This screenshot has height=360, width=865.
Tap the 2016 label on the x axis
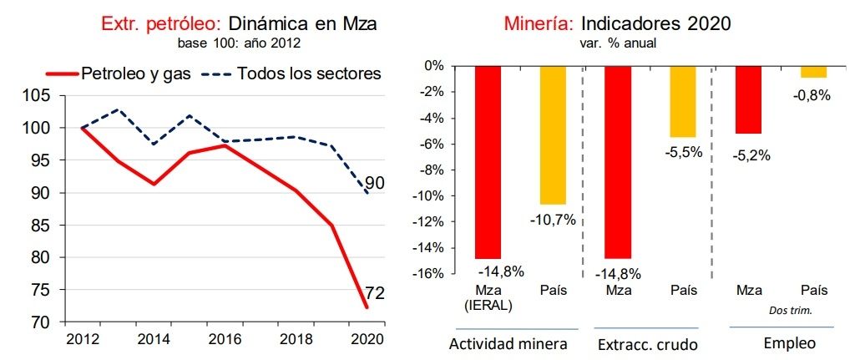point(223,340)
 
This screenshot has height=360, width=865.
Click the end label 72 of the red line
point(375,293)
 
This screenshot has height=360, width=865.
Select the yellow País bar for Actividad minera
point(553,134)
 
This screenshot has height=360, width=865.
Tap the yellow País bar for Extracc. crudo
point(682,101)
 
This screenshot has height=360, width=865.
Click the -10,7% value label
point(553,220)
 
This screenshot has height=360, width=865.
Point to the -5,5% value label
point(682,152)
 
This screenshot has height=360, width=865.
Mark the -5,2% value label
point(748,155)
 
